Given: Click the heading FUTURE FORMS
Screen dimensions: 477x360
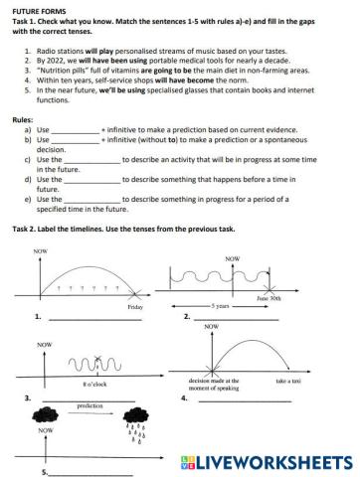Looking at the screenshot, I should pos(36,8).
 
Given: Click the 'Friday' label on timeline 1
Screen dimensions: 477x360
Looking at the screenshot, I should pos(135,307).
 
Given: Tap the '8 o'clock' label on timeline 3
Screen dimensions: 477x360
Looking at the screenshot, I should pos(96,383).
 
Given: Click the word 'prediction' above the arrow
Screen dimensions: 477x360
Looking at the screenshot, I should pos(90,406).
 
